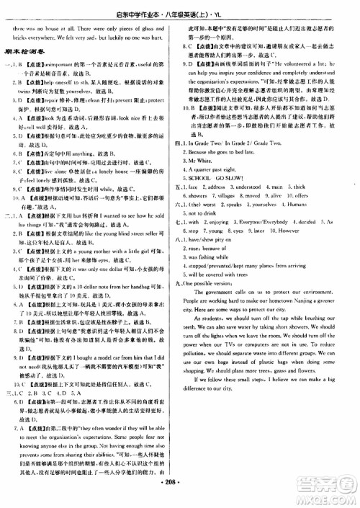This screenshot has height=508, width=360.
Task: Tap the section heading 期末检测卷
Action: (23, 51)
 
